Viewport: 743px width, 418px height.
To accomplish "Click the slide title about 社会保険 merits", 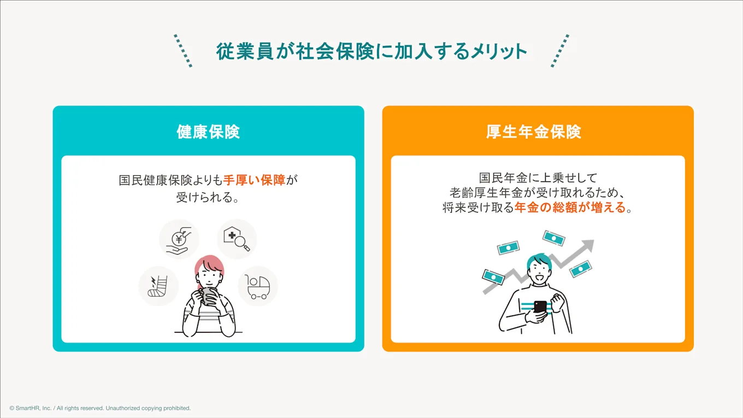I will coord(371,51).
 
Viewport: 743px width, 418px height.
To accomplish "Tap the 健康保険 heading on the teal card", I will coord(208,132).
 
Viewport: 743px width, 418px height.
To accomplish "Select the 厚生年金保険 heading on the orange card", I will coord(533,132).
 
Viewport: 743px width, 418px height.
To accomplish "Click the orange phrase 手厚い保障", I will coord(255,180).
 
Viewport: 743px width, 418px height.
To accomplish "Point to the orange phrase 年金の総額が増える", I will coord(570,208).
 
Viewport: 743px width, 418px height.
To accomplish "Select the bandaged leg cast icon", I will coord(158,286).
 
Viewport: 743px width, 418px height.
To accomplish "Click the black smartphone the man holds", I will coord(540,307).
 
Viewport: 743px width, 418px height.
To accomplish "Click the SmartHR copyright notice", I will coord(100,408).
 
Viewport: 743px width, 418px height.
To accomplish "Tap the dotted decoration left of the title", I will coord(183,51).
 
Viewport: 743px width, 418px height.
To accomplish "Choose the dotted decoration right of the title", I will coord(560,51).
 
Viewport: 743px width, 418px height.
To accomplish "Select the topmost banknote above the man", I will coord(553,238).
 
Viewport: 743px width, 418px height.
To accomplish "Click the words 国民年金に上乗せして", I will coord(538,178).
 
